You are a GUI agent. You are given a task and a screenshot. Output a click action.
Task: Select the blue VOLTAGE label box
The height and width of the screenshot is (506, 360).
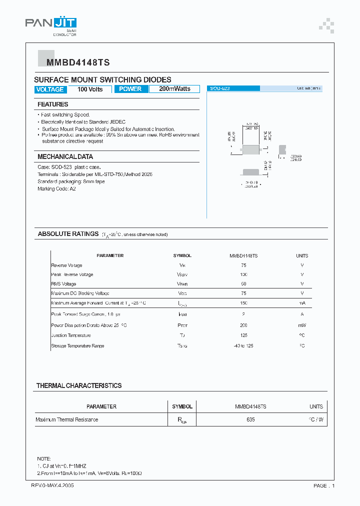coord(50,89)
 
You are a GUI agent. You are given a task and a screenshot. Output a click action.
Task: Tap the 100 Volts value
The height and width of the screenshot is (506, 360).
coord(90,89)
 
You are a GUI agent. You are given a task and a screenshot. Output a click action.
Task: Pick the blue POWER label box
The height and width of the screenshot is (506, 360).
coord(130,89)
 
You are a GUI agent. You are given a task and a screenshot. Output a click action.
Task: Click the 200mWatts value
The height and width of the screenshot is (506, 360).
coord(174,89)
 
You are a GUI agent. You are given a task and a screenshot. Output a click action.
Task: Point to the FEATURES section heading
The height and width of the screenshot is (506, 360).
coord(52,104)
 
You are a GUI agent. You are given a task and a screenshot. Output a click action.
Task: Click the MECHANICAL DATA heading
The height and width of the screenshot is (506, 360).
coord(65,156)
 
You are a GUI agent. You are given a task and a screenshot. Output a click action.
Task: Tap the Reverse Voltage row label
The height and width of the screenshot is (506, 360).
coord(66,265)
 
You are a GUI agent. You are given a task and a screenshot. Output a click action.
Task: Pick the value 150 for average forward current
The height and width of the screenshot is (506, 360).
coord(243,303)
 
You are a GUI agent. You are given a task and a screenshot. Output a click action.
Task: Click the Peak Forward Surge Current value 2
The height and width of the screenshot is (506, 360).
coord(243,314)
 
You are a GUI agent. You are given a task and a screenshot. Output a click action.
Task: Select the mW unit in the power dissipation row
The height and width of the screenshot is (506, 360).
coord(302,325)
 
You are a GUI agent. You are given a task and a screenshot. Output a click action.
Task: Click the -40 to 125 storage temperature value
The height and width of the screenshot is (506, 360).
coord(243,346)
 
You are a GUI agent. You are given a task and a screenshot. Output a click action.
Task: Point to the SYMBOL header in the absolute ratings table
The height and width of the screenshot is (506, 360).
coord(182,255)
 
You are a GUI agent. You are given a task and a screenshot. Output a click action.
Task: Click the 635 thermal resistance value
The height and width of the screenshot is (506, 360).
coord(250,419)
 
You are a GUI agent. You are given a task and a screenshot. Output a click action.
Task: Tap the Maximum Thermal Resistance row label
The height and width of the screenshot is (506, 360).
coord(66,419)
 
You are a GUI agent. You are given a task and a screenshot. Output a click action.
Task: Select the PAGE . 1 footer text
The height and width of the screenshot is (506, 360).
coord(324,485)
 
